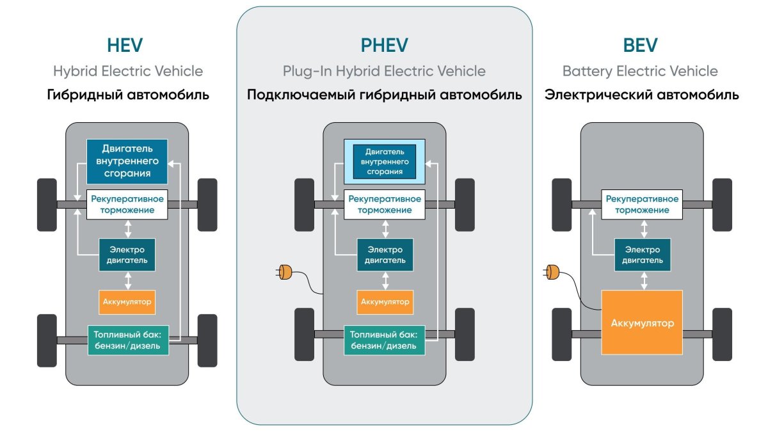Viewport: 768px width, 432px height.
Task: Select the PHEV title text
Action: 384,46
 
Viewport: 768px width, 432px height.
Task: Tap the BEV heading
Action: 640,46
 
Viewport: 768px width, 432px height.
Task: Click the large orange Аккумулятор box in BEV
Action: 642,323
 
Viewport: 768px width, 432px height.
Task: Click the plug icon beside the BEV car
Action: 552,273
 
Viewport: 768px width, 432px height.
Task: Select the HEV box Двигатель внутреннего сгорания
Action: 127,161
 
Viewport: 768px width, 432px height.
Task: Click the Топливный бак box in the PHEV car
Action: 384,340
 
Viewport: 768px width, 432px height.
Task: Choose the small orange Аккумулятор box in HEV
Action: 127,301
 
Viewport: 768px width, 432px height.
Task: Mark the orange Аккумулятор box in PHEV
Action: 385,301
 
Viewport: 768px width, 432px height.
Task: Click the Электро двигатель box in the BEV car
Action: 642,255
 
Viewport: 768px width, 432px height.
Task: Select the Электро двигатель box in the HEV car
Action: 127,255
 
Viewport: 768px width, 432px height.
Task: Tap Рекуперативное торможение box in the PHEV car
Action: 384,205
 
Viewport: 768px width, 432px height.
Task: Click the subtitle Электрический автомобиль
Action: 641,95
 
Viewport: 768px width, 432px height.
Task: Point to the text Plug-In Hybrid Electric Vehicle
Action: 384,71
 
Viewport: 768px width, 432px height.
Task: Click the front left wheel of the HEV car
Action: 47,205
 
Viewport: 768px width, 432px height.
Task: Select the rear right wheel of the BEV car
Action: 722,334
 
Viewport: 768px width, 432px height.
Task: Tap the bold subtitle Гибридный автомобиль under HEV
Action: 128,95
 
